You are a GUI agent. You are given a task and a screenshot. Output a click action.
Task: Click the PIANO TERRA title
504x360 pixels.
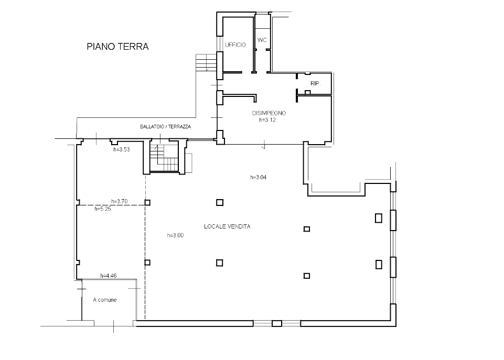117,47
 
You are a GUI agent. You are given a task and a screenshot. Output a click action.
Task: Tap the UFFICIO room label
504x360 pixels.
235,45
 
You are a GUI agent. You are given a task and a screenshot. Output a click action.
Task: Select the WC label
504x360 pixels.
262,40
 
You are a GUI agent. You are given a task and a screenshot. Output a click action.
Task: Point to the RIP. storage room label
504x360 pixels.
315,83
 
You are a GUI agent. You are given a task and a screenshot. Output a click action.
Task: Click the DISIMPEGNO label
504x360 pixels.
269,113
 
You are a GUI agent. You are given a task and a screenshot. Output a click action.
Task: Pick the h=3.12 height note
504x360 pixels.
267,120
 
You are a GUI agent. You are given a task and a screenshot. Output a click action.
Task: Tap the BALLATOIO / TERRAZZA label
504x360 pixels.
166,126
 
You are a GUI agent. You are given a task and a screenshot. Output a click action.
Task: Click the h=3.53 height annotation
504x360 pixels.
122,149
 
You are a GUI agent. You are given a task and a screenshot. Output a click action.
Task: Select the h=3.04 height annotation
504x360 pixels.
259,177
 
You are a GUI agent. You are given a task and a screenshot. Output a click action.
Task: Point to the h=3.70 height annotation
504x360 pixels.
119,201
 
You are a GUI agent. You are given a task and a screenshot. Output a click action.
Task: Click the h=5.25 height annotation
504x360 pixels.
103,209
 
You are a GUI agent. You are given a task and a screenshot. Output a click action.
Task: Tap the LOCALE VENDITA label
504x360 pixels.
227,226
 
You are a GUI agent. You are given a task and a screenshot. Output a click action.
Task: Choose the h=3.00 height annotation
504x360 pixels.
175,235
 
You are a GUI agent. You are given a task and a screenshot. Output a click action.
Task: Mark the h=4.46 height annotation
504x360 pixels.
109,276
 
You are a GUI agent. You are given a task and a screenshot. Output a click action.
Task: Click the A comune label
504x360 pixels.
105,300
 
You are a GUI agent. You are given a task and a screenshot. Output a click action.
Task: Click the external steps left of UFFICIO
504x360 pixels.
206,62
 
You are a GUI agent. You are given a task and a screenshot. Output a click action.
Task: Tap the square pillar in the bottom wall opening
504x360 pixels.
277,323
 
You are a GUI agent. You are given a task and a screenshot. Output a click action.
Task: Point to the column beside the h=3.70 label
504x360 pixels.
147,202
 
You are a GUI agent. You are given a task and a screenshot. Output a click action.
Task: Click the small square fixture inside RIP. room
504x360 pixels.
308,92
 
